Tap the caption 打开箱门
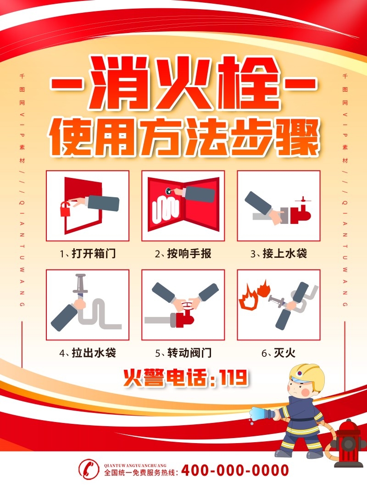(x=94, y=253)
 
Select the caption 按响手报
(x=189, y=253)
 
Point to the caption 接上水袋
(x=285, y=253)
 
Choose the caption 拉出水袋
(x=94, y=353)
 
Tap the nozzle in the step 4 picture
(x=80, y=284)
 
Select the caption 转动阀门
(x=189, y=353)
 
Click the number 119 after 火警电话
(x=234, y=378)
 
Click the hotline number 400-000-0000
(x=235, y=470)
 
